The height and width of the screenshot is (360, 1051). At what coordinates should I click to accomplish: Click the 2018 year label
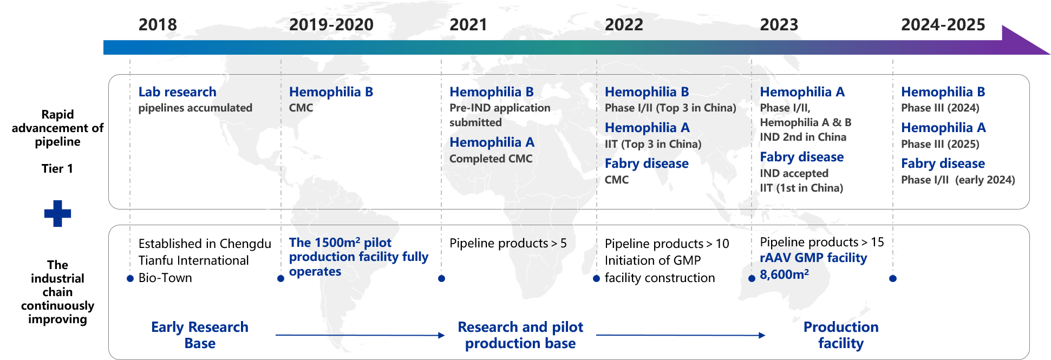click(158, 25)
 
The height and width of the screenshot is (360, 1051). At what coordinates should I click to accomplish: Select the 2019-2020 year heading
click(331, 25)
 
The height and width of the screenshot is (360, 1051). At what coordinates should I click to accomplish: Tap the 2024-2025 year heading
click(943, 25)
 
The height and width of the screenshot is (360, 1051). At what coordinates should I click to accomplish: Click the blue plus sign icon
click(57, 213)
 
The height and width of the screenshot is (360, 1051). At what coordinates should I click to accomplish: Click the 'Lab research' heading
click(177, 92)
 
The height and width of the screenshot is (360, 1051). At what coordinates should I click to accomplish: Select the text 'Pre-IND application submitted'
click(500, 115)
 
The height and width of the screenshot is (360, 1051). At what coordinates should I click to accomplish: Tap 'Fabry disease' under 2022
click(647, 163)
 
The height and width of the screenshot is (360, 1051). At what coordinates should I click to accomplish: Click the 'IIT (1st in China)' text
click(801, 188)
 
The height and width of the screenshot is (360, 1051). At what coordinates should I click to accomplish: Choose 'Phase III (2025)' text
click(940, 144)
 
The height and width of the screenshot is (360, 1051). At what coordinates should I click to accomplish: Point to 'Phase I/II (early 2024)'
click(958, 180)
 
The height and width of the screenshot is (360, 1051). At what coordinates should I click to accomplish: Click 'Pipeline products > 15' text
click(822, 242)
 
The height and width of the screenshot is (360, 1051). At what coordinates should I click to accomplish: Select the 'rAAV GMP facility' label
click(813, 258)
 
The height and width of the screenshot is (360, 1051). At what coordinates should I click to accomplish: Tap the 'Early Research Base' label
click(200, 335)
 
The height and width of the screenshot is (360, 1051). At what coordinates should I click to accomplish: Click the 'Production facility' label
click(841, 335)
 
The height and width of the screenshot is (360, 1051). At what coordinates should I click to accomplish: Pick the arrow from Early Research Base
click(360, 335)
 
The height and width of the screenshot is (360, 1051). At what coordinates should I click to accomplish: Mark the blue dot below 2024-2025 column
click(893, 278)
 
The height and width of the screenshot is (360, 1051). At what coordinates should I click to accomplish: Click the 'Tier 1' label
click(57, 168)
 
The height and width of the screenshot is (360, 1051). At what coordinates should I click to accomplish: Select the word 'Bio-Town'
click(165, 278)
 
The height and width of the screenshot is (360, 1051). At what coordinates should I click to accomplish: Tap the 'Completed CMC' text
click(491, 159)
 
